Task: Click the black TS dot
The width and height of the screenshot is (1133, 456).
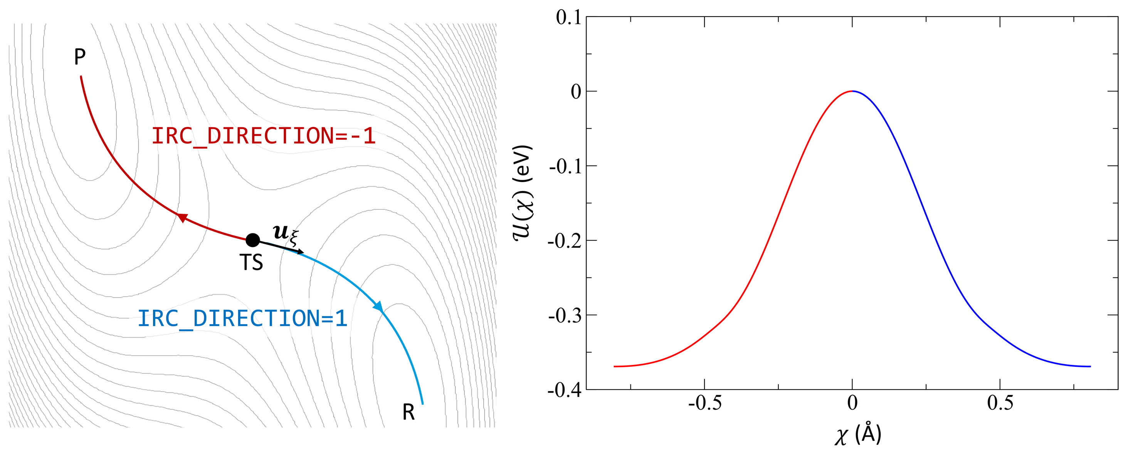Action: [x=252, y=240]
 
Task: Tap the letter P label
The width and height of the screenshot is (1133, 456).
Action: [x=80, y=57]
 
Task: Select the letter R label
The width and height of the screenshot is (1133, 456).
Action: [x=408, y=412]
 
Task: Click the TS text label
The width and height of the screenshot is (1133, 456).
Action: [x=251, y=263]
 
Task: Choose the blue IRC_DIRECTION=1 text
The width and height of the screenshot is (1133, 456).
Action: [x=242, y=318]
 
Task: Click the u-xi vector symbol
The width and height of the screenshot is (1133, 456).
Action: [x=285, y=234]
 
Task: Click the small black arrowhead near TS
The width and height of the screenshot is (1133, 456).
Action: [x=301, y=252]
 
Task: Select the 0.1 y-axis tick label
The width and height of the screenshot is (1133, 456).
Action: [x=568, y=18]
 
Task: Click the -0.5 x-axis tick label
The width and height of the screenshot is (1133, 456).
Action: [x=704, y=403]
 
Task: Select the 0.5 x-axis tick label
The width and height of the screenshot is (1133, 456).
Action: [x=1000, y=403]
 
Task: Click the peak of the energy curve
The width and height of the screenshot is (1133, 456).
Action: [x=852, y=91]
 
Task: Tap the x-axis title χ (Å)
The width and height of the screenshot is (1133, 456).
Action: [x=858, y=435]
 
